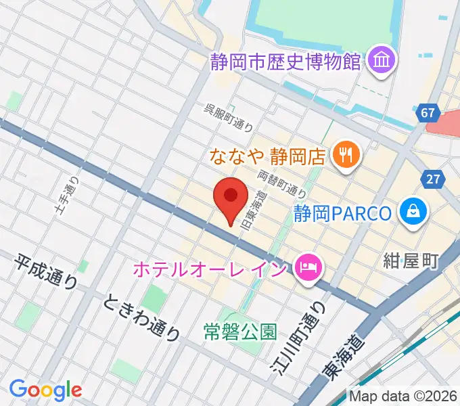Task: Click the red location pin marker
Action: pos(231,197)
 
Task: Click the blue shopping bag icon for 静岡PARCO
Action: pos(412,213)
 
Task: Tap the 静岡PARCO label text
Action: pos(342,214)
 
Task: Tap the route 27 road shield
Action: pos(434,179)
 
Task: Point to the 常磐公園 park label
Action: pos(240,332)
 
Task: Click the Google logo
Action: pos(45,390)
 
